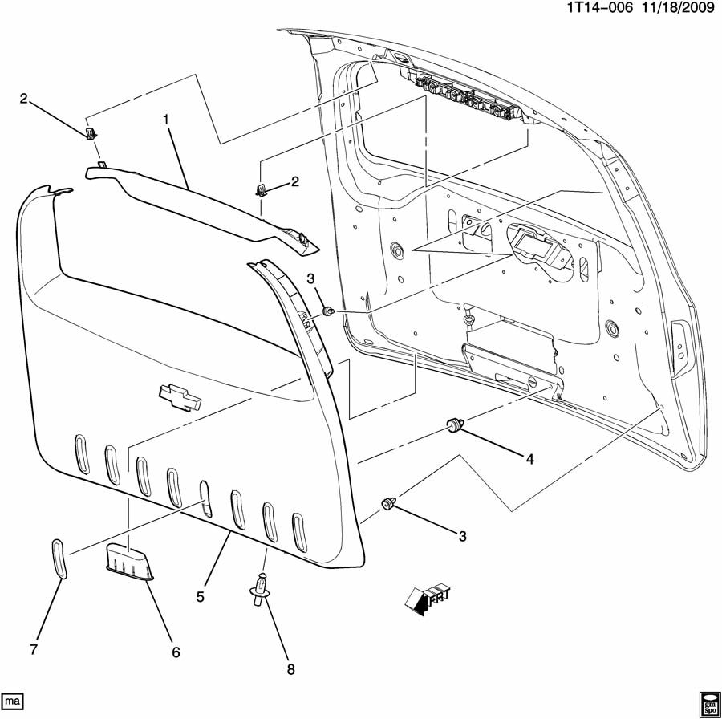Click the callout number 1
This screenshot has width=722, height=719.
pyautogui.click(x=166, y=120)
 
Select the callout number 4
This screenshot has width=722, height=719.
pyautogui.click(x=529, y=459)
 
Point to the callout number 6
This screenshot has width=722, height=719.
pyautogui.click(x=175, y=653)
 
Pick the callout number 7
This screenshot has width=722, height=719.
pyautogui.click(x=34, y=649)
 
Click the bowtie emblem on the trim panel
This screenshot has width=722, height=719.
pyautogui.click(x=178, y=396)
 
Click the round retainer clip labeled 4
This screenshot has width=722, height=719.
pyautogui.click(x=455, y=424)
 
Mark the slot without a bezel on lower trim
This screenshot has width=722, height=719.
pyautogui.click(x=204, y=498)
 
